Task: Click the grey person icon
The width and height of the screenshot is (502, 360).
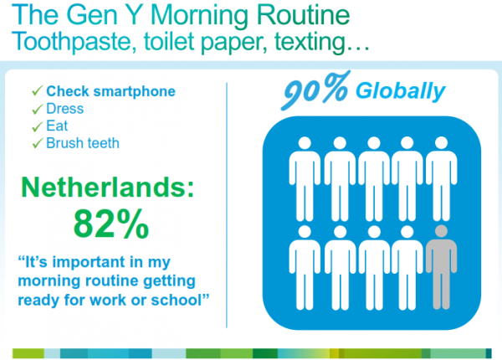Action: tap(441, 267)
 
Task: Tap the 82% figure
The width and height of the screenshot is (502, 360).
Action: tap(111, 224)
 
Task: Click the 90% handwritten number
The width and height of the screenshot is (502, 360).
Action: tap(315, 90)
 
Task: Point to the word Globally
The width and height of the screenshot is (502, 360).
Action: tap(400, 91)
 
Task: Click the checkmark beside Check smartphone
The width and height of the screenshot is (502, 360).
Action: tap(37, 90)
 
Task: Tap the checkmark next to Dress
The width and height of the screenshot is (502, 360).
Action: tap(37, 109)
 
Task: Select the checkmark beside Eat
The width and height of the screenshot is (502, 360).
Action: tap(37, 126)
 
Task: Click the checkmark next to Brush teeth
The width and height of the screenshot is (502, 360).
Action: tap(37, 143)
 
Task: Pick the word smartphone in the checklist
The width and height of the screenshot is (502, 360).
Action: tap(134, 92)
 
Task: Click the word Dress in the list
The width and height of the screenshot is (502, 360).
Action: tap(65, 109)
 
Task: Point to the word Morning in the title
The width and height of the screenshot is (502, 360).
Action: tap(199, 16)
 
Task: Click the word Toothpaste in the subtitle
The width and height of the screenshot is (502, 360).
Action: tap(71, 42)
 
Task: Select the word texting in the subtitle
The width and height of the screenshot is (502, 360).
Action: tap(310, 42)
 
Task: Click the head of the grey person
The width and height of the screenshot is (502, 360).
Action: tap(441, 231)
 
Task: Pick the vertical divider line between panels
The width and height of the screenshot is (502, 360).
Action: tap(227, 205)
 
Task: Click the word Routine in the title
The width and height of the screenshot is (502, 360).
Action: tap(303, 15)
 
